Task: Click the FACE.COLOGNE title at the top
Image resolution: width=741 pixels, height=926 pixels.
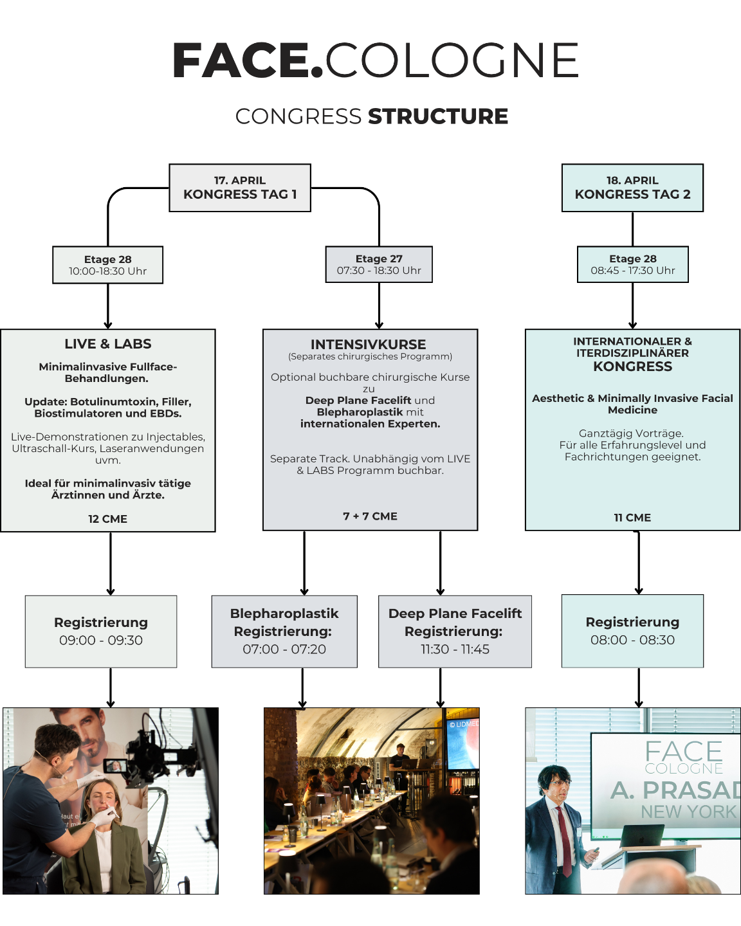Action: pyautogui.click(x=375, y=60)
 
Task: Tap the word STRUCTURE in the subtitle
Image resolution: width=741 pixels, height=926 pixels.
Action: pyautogui.click(x=438, y=116)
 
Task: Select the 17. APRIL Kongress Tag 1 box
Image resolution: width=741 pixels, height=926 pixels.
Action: pyautogui.click(x=240, y=188)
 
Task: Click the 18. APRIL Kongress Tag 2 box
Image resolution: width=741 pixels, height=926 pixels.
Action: pyautogui.click(x=632, y=188)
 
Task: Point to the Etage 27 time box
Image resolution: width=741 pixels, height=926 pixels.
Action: pyautogui.click(x=379, y=265)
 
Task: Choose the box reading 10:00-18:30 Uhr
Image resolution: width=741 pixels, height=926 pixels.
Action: pyautogui.click(x=107, y=265)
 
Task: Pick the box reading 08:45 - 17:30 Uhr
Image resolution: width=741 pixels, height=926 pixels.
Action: pyautogui.click(x=633, y=265)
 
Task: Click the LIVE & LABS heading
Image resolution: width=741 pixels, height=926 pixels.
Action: pyautogui.click(x=107, y=344)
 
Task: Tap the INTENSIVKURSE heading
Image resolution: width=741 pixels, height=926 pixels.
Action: pyautogui.click(x=369, y=345)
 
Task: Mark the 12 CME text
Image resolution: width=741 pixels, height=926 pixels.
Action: pyautogui.click(x=107, y=519)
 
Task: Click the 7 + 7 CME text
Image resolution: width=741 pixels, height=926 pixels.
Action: pyautogui.click(x=370, y=516)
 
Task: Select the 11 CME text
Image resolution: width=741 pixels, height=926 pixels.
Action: pyautogui.click(x=632, y=518)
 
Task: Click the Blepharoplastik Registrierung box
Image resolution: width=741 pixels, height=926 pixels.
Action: pyautogui.click(x=284, y=631)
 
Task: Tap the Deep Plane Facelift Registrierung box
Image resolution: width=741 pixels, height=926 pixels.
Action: pyautogui.click(x=455, y=631)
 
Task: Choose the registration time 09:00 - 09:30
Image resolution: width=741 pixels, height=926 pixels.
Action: pyautogui.click(x=101, y=640)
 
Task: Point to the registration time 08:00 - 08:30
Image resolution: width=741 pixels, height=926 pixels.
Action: pyautogui.click(x=632, y=640)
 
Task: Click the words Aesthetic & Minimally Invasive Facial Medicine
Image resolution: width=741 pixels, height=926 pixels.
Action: pyautogui.click(x=632, y=404)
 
